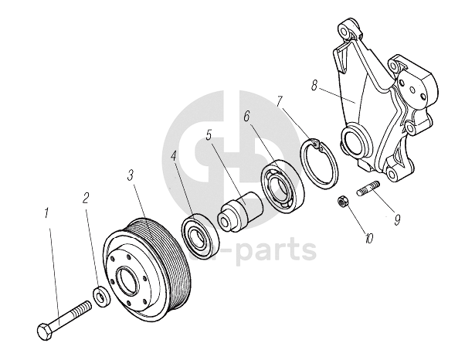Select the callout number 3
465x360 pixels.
(x=131, y=175)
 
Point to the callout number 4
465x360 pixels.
(x=175, y=155)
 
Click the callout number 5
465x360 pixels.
(x=209, y=134)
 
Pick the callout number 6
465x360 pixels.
(x=246, y=117)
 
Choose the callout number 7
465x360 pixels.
(x=280, y=101)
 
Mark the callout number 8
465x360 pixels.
(x=315, y=87)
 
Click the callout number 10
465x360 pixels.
(x=370, y=239)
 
